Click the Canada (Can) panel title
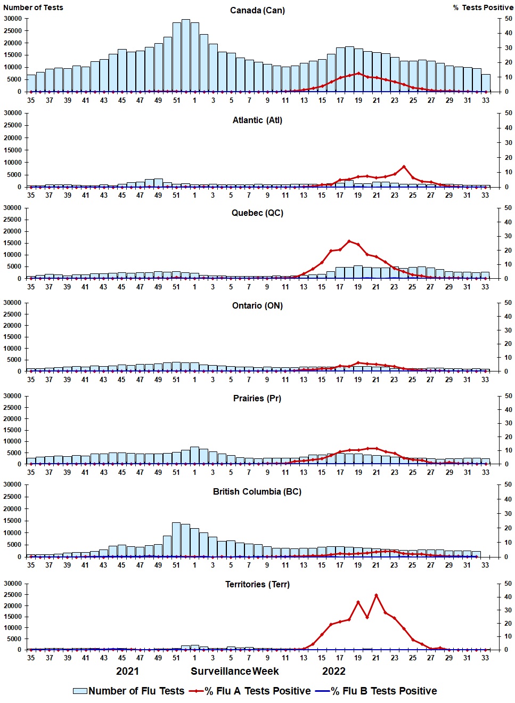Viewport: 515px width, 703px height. (257, 10)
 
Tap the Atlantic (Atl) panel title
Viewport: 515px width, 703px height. (257, 120)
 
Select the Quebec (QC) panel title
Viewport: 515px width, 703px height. (257, 213)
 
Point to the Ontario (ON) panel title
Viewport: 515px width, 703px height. (257, 305)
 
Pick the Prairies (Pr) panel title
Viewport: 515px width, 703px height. (257, 398)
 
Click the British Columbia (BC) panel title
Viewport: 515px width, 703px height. (257, 491)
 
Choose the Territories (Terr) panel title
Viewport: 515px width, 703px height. (257, 584)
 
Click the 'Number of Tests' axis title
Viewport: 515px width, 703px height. (33, 7)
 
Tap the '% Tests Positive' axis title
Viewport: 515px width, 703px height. (483, 7)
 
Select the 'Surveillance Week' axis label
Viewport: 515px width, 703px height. (235, 671)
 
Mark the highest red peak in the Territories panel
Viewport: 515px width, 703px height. (377, 595)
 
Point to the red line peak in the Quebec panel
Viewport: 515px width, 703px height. (349, 241)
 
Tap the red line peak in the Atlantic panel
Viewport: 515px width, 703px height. (404, 167)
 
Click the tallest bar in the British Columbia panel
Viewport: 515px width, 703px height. (176, 539)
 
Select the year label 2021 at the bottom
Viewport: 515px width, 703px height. (127, 671)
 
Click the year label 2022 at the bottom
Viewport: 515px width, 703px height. (334, 671)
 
